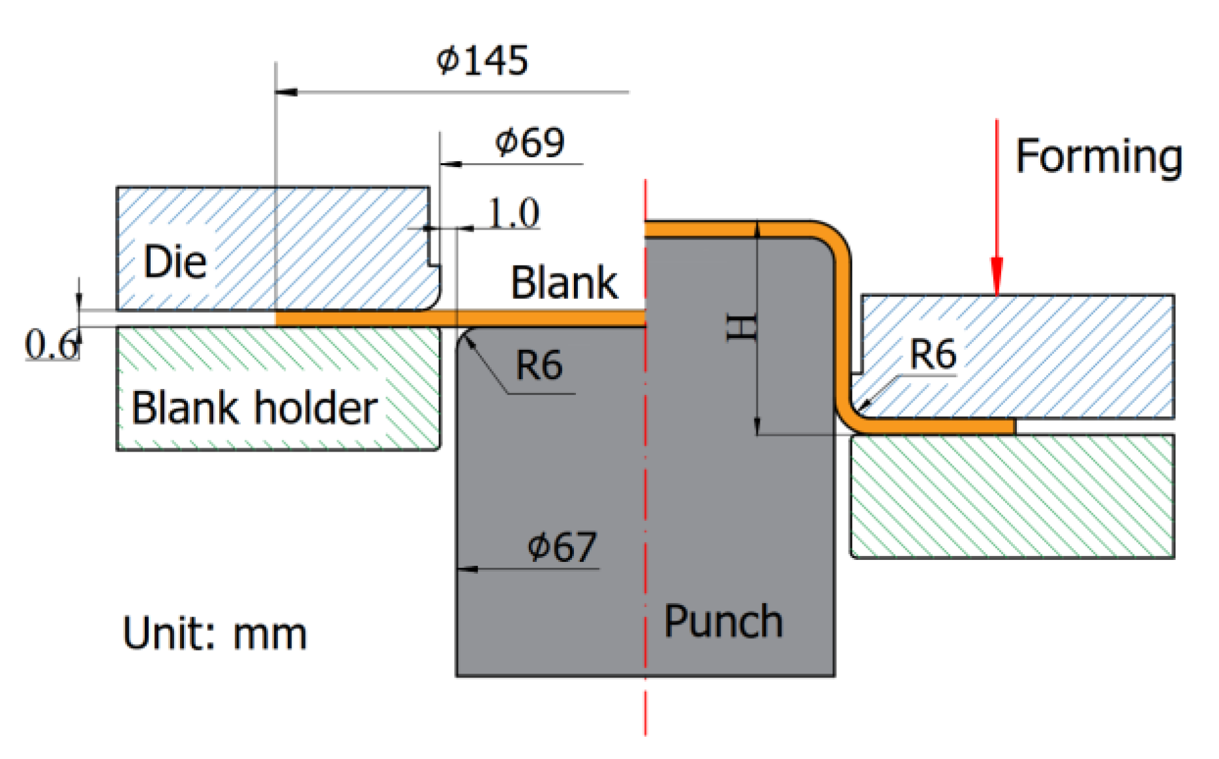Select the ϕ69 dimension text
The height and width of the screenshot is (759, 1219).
(530, 143)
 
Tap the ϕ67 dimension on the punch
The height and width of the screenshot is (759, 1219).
(562, 547)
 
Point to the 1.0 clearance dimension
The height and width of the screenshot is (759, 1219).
(513, 213)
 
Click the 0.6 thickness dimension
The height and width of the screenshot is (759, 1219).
(51, 345)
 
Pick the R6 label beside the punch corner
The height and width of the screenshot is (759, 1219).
(539, 365)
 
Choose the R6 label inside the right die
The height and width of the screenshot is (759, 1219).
(933, 354)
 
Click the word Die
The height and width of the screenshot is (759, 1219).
(175, 262)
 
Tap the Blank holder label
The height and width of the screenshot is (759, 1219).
(254, 409)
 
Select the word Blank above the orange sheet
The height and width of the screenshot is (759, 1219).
(564, 283)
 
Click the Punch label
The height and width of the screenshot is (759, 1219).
(723, 621)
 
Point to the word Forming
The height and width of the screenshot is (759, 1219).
(1099, 157)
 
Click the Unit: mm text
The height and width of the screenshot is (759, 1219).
(215, 634)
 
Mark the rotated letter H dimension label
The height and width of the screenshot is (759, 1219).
(742, 328)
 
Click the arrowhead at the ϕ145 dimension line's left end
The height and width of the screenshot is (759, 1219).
(285, 92)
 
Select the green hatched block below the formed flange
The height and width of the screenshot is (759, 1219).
(1012, 496)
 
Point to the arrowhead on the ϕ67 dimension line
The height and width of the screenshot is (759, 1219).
(467, 569)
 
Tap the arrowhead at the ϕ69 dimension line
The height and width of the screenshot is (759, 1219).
(450, 164)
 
